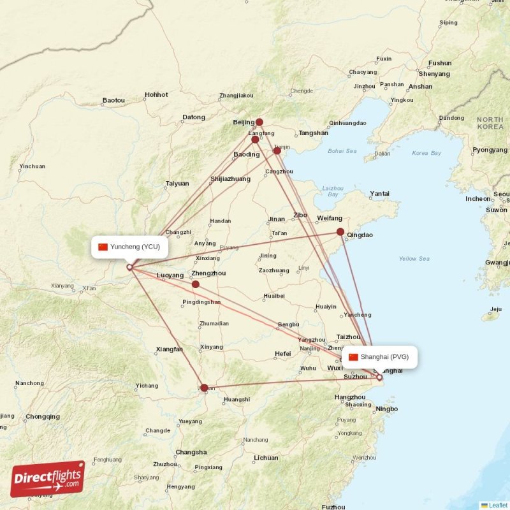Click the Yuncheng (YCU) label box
pyautogui.click(x=130, y=247)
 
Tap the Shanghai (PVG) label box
pyautogui.click(x=379, y=357)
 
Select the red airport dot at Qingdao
pyautogui.click(x=340, y=232)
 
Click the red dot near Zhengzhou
pyautogui.click(x=196, y=284)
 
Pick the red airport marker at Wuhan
pyautogui.click(x=204, y=388)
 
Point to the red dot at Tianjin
pyautogui.click(x=277, y=150)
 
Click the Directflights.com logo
pyautogui.click(x=47, y=479)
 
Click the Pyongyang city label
pyautogui.click(x=490, y=150)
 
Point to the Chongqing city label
pyautogui.click(x=43, y=416)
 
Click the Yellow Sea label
pyautogui.click(x=414, y=258)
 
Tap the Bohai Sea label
pyautogui.click(x=342, y=151)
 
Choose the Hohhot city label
pyautogui.click(x=156, y=94)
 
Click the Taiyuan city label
pyautogui.click(x=177, y=183)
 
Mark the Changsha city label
pyautogui.click(x=191, y=452)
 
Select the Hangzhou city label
pyautogui.click(x=349, y=397)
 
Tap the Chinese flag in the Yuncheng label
pyautogui.click(x=103, y=247)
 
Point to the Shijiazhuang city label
pyautogui.click(x=230, y=179)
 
